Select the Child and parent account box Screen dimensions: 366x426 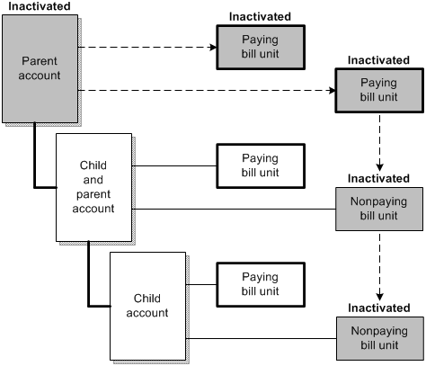coord(94,188)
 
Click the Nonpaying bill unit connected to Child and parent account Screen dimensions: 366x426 coord(378,210)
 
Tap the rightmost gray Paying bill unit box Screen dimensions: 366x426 coord(378,89)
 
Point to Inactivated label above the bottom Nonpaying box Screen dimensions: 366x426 coord(378,308)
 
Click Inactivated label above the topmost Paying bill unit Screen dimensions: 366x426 coord(260,15)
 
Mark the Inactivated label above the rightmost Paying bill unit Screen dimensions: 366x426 coord(378,59)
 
